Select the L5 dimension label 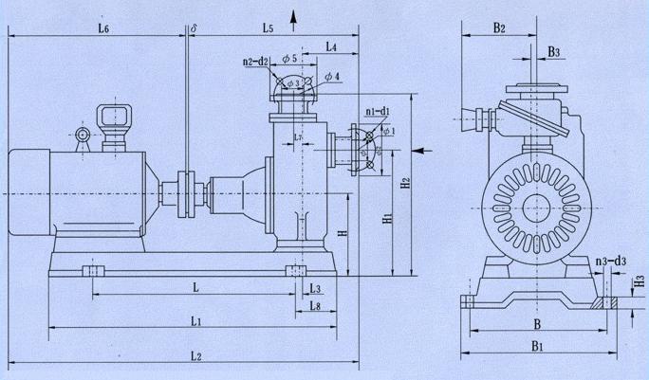269,31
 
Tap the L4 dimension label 330,46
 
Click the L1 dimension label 195,322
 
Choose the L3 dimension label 315,287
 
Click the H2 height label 404,181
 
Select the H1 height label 386,219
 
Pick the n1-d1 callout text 379,112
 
